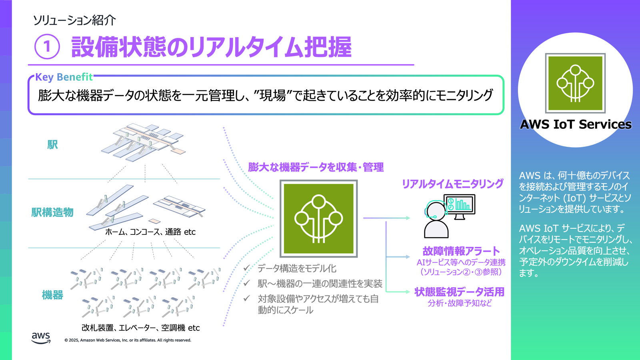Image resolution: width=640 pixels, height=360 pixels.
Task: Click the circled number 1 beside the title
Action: [47, 46]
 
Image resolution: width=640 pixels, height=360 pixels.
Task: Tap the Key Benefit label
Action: [64, 77]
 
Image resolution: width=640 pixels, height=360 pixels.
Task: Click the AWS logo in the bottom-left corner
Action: [41, 338]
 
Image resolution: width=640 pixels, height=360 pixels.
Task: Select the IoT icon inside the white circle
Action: [575, 83]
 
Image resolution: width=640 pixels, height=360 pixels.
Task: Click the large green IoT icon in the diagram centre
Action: [318, 218]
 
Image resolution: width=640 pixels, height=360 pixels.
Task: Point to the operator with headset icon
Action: [436, 220]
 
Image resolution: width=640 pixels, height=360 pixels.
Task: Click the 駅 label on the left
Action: [52, 145]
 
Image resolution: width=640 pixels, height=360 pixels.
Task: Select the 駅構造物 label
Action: [52, 212]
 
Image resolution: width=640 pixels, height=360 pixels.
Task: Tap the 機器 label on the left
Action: [52, 295]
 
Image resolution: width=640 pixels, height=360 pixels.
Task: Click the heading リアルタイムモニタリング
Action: [452, 184]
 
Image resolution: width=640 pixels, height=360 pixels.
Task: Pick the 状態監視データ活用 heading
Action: [459, 292]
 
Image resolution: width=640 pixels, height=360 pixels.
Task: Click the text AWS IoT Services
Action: [575, 124]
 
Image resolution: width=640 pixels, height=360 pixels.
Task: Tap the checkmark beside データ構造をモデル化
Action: [247, 268]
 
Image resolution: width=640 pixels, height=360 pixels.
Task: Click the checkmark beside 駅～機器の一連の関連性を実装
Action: [247, 283]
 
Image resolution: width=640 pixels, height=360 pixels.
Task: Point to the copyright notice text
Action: [128, 340]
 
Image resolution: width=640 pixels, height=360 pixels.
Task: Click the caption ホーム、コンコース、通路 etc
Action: [150, 232]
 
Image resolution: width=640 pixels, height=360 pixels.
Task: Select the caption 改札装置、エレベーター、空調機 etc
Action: [140, 328]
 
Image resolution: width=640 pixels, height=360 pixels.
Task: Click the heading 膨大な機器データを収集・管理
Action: [316, 167]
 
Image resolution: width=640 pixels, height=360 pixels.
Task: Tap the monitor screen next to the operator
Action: [460, 205]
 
